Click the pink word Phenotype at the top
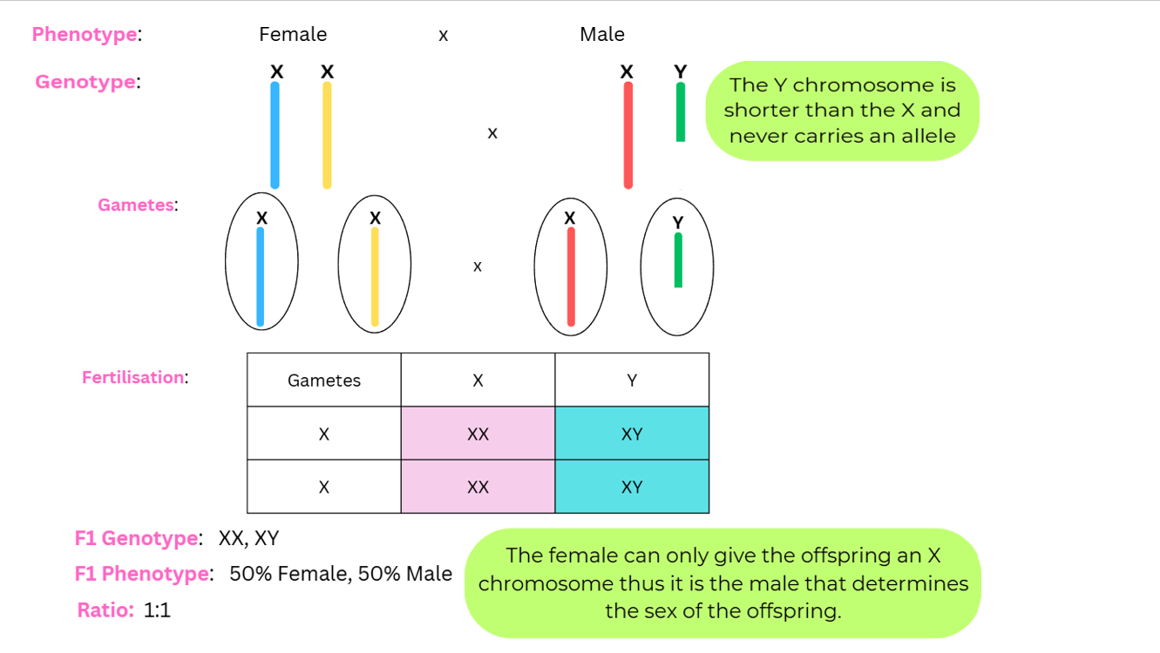85,35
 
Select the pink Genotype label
85,82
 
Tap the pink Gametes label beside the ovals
136,205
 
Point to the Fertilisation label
133,378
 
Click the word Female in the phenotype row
293,35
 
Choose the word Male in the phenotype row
601,35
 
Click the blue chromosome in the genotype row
275,135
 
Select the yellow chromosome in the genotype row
327,135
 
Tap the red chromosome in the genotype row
627,135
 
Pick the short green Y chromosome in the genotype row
681,111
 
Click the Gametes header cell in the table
324,380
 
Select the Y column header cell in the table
632,380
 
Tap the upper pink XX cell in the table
478,434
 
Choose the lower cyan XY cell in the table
632,487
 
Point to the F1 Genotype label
137,539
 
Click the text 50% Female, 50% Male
341,574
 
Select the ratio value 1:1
158,610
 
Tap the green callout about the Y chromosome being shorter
842,111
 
